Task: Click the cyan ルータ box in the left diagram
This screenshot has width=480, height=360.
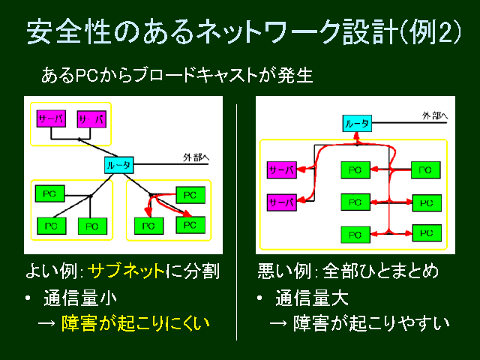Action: click(x=118, y=165)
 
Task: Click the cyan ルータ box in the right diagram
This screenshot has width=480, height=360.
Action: click(x=357, y=124)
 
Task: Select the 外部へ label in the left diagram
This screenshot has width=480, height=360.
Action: click(x=196, y=157)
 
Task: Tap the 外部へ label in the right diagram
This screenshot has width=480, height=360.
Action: click(x=435, y=115)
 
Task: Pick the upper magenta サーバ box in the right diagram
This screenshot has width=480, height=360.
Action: click(x=282, y=170)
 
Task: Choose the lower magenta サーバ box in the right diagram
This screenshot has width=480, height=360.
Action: click(x=282, y=202)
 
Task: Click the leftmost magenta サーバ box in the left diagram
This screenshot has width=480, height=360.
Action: click(x=51, y=118)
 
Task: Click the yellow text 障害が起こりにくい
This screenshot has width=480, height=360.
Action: click(x=136, y=323)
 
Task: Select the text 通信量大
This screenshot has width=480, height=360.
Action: click(x=312, y=298)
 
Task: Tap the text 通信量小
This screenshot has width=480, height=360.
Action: click(x=80, y=298)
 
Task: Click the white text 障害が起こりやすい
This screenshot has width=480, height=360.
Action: click(x=371, y=323)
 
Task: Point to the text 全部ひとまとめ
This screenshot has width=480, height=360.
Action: click(x=380, y=271)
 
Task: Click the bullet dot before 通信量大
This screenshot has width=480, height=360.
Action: click(x=260, y=298)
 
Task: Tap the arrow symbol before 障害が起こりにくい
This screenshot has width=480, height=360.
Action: click(x=46, y=323)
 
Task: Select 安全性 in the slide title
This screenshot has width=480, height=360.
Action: click(x=68, y=31)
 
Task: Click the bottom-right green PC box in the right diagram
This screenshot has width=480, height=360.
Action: click(x=427, y=233)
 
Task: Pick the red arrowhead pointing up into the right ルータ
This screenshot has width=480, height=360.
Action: click(x=356, y=136)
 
